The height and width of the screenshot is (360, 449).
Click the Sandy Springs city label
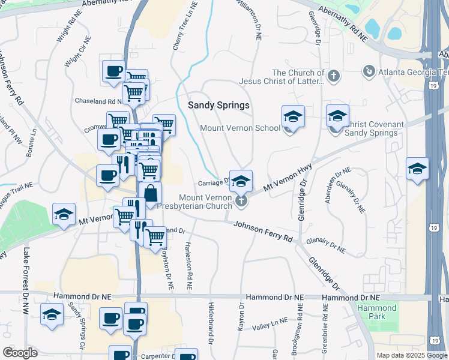218,105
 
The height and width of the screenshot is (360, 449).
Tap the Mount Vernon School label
240,128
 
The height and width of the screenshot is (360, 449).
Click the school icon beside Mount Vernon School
293,116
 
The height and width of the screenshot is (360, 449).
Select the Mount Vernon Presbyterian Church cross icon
241,200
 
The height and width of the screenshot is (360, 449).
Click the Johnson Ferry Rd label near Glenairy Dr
262,232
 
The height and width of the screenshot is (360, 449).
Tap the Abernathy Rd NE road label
343,25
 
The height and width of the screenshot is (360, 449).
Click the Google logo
20,353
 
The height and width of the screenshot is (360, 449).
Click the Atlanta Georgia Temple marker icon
369,73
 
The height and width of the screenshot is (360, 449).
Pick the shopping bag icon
151,194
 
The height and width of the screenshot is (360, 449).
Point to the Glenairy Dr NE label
325,244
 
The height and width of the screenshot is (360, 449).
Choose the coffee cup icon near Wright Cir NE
113,71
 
